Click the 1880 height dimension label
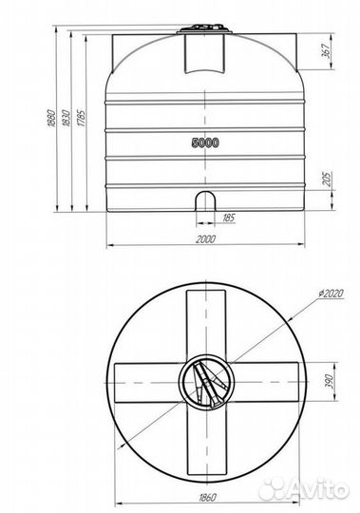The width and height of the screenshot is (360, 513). coord(51,118)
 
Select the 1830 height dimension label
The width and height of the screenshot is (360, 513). coord(66,118)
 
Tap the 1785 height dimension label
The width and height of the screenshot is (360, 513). coord(82,118)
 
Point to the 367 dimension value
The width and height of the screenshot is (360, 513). coord(327,50)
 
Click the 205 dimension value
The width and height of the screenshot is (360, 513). coord(328,179)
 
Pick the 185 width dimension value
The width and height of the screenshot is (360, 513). coord(228,218)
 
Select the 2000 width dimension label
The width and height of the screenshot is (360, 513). coord(206,239)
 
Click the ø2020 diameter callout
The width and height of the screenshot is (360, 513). coord(331,294)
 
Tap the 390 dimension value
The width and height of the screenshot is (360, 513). coord(329,382)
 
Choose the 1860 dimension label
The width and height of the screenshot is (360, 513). coord(207,498)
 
